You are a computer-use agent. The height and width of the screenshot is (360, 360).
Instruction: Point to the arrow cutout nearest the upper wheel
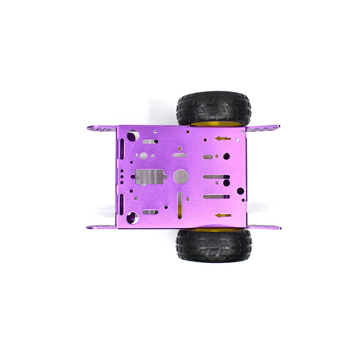point(222,139)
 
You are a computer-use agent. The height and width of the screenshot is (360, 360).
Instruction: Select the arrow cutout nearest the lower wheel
point(223,216)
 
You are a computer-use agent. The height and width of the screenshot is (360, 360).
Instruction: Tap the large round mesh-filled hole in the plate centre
point(181,176)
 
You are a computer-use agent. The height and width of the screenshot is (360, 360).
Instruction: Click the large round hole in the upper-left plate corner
point(133,135)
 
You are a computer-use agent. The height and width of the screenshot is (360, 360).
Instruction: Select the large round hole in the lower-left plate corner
point(132,218)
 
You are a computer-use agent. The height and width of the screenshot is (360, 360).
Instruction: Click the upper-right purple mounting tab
point(263,129)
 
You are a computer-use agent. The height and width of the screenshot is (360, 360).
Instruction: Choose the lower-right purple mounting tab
point(264,226)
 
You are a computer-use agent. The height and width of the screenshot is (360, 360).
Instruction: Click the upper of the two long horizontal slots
point(216,177)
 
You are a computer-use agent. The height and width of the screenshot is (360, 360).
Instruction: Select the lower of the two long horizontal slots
point(216,197)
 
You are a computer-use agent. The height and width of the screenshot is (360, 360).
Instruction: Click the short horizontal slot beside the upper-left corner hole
point(150,141)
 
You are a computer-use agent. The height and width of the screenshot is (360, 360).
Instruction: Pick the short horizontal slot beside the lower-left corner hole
point(150,212)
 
